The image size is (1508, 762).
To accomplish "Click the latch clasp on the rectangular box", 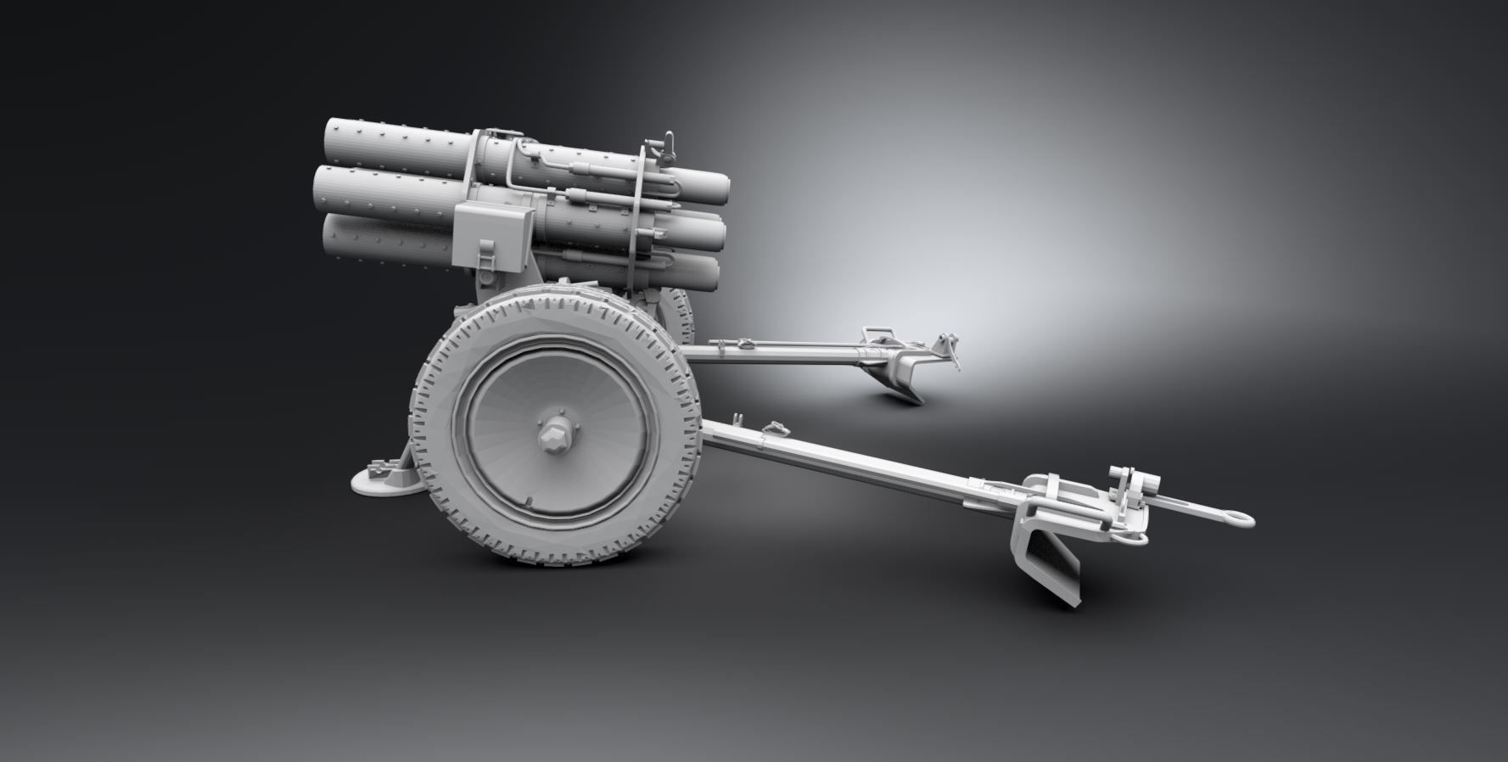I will tap(487, 255).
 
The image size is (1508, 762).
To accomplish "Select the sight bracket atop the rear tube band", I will tap(665, 146).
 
